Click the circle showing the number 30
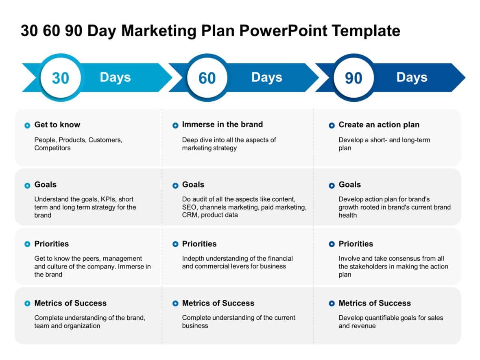pos(61,78)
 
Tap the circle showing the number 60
pos(207,78)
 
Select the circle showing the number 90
pos(353,78)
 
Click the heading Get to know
pos(57,125)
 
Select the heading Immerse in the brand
pos(223,124)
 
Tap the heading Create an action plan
pos(379,125)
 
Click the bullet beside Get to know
pos(27,126)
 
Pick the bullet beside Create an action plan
pos(332,126)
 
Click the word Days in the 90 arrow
pos(412,77)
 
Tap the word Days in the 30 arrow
pos(115,77)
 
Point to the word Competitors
pos(52,148)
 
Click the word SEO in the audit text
pos(189,207)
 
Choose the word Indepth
pos(193,259)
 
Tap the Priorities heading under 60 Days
pos(199,244)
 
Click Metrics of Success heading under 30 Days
pos(70,303)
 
